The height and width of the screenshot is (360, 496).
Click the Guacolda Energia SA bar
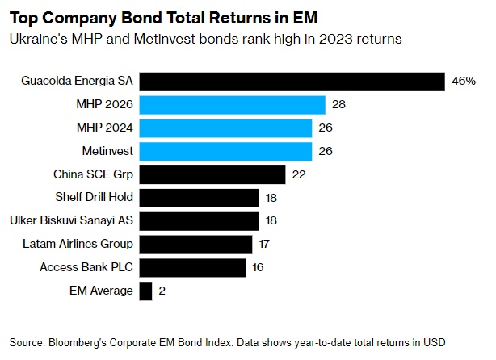point(292,82)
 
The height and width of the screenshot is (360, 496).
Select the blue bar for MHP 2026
point(233,105)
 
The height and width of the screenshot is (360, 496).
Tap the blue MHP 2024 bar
point(225,128)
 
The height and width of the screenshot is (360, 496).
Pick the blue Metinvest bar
point(225,151)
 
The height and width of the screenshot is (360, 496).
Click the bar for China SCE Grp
point(212,174)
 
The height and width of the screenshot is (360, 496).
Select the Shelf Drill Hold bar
point(199,198)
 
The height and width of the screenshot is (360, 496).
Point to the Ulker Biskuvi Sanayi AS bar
point(199,220)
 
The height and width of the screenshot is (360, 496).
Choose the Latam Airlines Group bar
point(195,244)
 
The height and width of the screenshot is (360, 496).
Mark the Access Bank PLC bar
point(192,267)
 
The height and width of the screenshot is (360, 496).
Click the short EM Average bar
point(145,291)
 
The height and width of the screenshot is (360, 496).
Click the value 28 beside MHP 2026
point(338,105)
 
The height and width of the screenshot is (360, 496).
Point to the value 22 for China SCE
point(299,174)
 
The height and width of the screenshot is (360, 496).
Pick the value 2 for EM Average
point(162,291)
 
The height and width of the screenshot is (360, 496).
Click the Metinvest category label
point(107,151)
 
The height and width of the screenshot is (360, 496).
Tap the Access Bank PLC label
point(86,267)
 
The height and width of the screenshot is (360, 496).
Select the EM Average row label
point(100,291)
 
